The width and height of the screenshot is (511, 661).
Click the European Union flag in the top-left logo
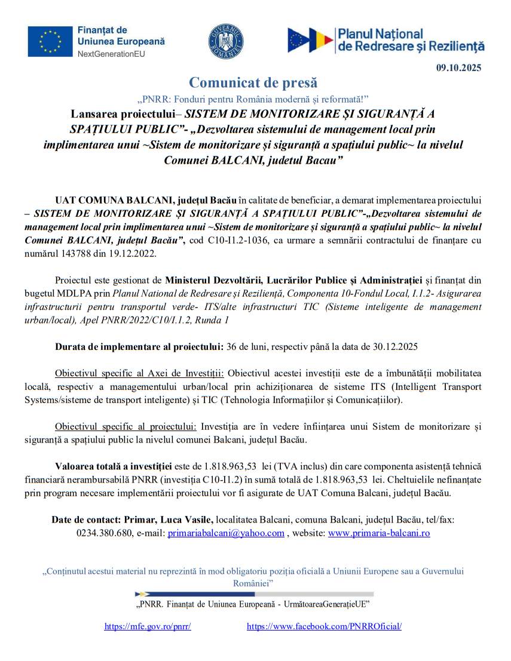[50, 41]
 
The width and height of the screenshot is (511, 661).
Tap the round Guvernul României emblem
[226, 42]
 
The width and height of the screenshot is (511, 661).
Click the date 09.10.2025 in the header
[458, 67]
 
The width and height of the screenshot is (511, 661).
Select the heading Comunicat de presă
[253, 82]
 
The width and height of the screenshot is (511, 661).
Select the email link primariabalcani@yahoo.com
[226, 533]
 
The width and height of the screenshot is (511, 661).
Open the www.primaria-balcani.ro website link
[379, 533]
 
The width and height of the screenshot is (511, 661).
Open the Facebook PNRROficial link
[324, 626]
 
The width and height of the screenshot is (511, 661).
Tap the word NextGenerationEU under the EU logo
[111, 54]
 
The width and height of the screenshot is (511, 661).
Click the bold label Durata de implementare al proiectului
[139, 346]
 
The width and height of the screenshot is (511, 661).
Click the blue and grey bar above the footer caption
[255, 594]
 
